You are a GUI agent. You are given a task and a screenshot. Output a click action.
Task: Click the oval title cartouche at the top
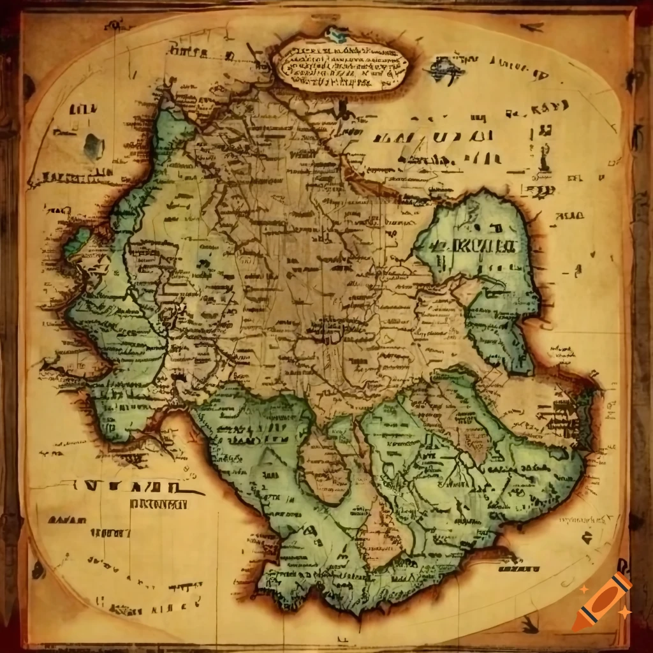[342, 65]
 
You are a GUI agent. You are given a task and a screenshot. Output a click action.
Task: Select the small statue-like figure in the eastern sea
[544, 156]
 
